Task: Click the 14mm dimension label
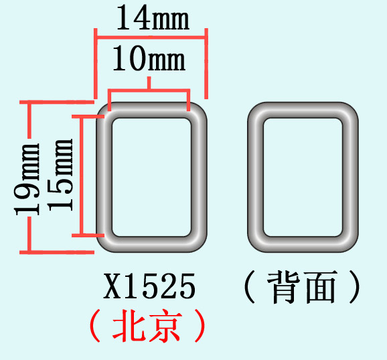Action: pos(153,18)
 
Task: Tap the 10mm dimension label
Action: pos(149,59)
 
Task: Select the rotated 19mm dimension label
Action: pos(27,179)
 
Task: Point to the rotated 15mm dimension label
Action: pos(60,175)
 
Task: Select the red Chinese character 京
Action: pos(165,326)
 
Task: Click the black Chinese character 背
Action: pos(284,287)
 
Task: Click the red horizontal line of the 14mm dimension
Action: pos(151,38)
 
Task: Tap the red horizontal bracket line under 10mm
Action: pos(149,91)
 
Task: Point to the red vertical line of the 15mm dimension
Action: pos(82,175)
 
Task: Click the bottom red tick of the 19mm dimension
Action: pos(57,252)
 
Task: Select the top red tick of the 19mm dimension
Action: pos(57,102)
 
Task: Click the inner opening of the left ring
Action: pos(151,178)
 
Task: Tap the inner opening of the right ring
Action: pos(303,178)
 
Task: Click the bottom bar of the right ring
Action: pos(303,244)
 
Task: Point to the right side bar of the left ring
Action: pos(199,178)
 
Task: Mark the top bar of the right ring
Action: pos(303,110)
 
